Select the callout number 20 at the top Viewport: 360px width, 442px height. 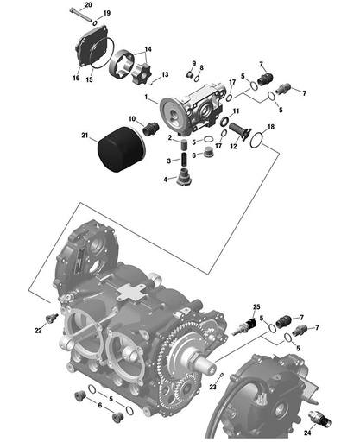[x=87, y=6]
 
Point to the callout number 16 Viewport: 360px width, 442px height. [x=75, y=79]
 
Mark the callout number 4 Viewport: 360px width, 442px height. [x=167, y=180]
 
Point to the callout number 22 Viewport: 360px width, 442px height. [x=38, y=331]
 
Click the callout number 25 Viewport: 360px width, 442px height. [x=256, y=307]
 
